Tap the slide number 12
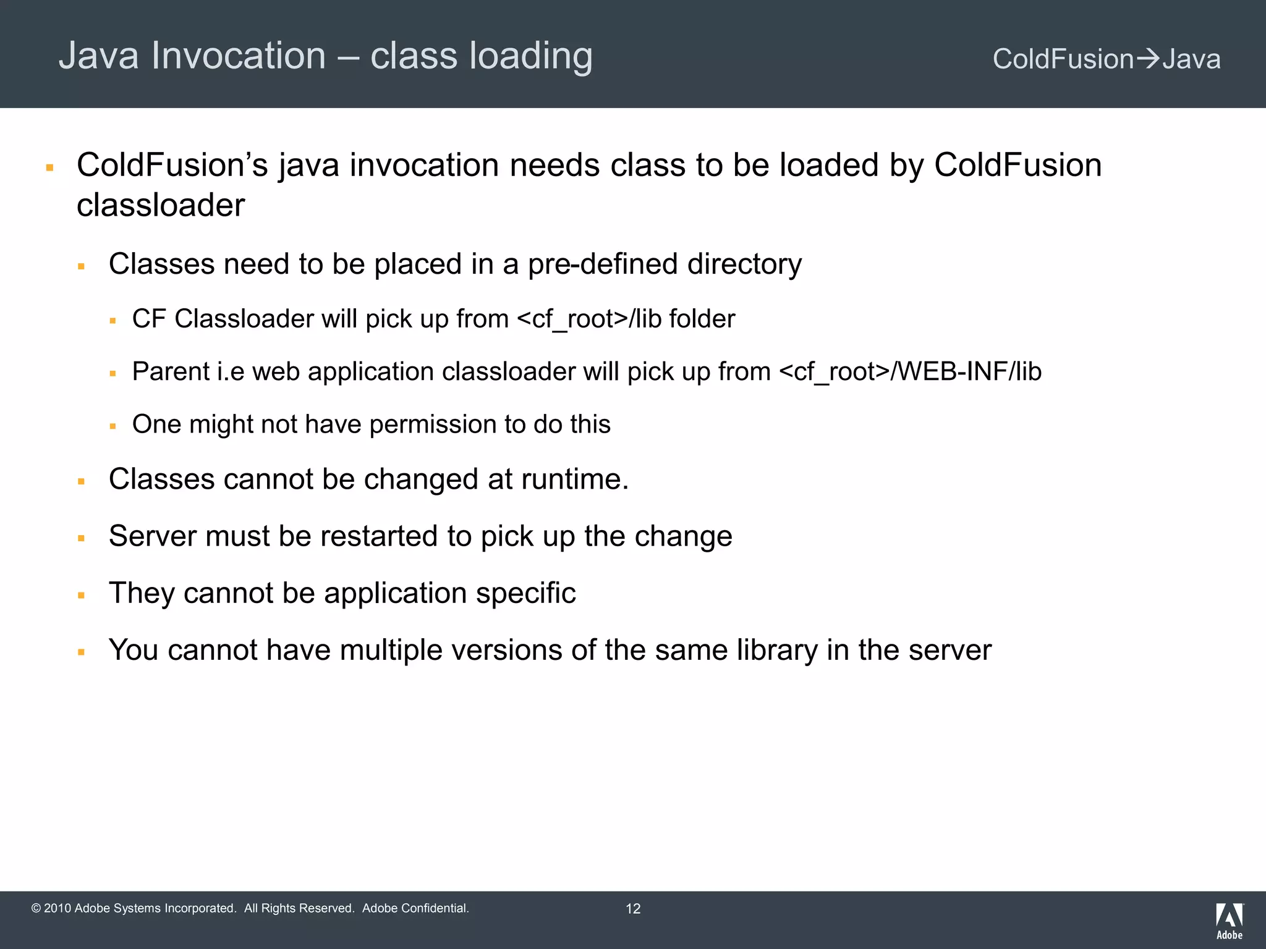click(633, 908)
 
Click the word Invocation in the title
click(239, 56)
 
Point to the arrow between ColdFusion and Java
click(1148, 59)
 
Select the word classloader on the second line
click(161, 205)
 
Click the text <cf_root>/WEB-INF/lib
click(910, 372)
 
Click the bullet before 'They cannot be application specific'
click(81, 596)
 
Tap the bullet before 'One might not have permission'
click(113, 426)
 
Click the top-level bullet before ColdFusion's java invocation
click(50, 167)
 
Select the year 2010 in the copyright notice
click(57, 908)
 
